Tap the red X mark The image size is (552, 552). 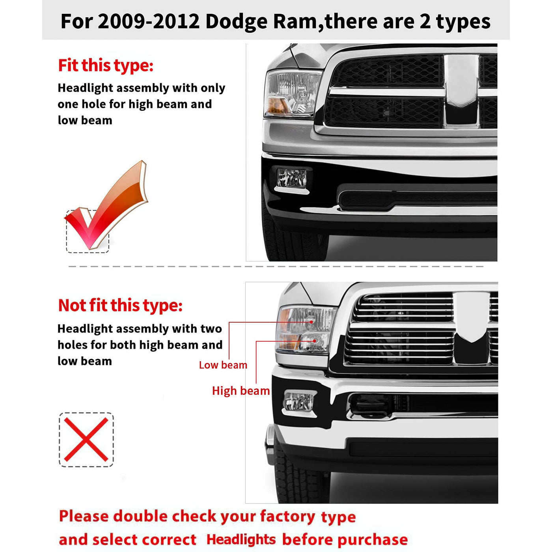click(x=86, y=440)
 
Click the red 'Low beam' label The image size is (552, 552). click(x=223, y=365)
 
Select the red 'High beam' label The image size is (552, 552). click(x=241, y=391)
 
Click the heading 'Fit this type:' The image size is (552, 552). click(x=106, y=65)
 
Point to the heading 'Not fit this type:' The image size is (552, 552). click(x=120, y=305)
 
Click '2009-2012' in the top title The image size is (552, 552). click(x=149, y=21)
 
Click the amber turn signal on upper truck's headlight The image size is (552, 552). click(x=276, y=105)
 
